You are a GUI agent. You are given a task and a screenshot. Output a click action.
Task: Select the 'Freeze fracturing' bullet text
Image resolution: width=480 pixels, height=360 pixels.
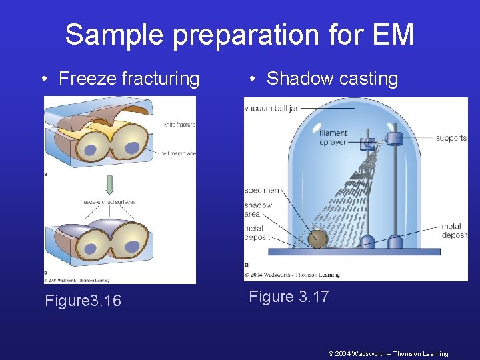(x=129, y=79)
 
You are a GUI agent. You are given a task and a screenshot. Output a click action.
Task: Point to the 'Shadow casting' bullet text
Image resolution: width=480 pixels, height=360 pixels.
(x=332, y=79)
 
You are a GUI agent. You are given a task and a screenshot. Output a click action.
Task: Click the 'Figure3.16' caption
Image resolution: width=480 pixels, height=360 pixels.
(x=83, y=301)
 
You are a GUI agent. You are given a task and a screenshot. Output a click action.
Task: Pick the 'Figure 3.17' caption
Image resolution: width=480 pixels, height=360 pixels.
(x=289, y=297)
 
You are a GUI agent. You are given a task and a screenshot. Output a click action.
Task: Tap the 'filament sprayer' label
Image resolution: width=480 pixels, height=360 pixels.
(x=333, y=137)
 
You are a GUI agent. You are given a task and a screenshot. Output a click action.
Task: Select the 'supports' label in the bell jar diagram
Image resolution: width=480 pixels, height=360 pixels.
(x=451, y=138)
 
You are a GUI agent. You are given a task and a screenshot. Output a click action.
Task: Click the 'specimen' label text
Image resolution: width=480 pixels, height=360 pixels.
(x=261, y=191)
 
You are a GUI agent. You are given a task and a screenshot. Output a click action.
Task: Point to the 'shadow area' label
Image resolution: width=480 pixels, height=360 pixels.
(x=258, y=209)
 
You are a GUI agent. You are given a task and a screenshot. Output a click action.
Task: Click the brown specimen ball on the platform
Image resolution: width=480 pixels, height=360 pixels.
(x=317, y=238)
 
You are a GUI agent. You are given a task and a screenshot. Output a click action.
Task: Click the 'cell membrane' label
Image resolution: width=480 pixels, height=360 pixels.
(x=178, y=153)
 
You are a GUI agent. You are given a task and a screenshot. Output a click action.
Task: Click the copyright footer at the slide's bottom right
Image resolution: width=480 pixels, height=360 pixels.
(x=388, y=353)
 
